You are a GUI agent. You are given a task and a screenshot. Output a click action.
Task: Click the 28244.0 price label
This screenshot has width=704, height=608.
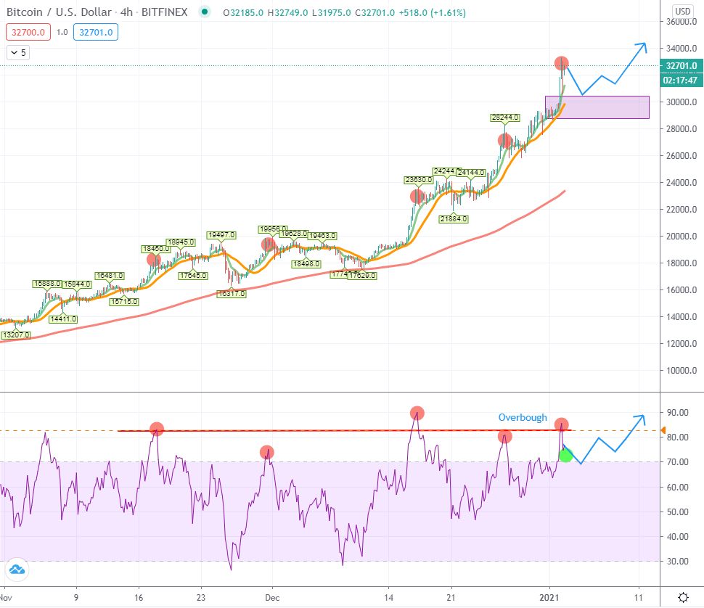[504, 117]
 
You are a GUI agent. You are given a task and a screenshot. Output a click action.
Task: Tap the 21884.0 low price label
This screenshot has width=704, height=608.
[454, 218]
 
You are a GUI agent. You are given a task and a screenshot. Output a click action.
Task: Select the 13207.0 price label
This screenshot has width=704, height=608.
[16, 334]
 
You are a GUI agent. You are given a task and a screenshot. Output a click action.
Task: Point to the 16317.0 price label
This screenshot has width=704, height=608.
[232, 294]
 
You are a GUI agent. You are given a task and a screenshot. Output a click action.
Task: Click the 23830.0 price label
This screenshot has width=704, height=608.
[418, 179]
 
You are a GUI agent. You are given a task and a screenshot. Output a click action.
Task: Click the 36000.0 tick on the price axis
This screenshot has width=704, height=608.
[683, 22]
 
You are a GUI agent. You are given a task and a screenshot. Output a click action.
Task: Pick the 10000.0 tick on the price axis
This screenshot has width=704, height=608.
[683, 371]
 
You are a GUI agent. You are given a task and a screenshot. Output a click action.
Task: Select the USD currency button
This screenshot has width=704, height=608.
[683, 11]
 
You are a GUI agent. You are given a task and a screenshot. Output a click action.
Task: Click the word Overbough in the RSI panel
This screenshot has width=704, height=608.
[523, 418]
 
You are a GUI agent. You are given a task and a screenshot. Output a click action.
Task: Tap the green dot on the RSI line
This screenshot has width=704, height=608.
[566, 455]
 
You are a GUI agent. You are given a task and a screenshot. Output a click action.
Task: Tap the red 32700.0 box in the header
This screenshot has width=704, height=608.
[28, 32]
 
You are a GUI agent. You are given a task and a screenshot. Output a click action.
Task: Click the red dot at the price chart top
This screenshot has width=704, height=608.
[561, 63]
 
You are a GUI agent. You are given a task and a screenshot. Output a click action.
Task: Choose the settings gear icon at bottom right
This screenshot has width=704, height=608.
[683, 597]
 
